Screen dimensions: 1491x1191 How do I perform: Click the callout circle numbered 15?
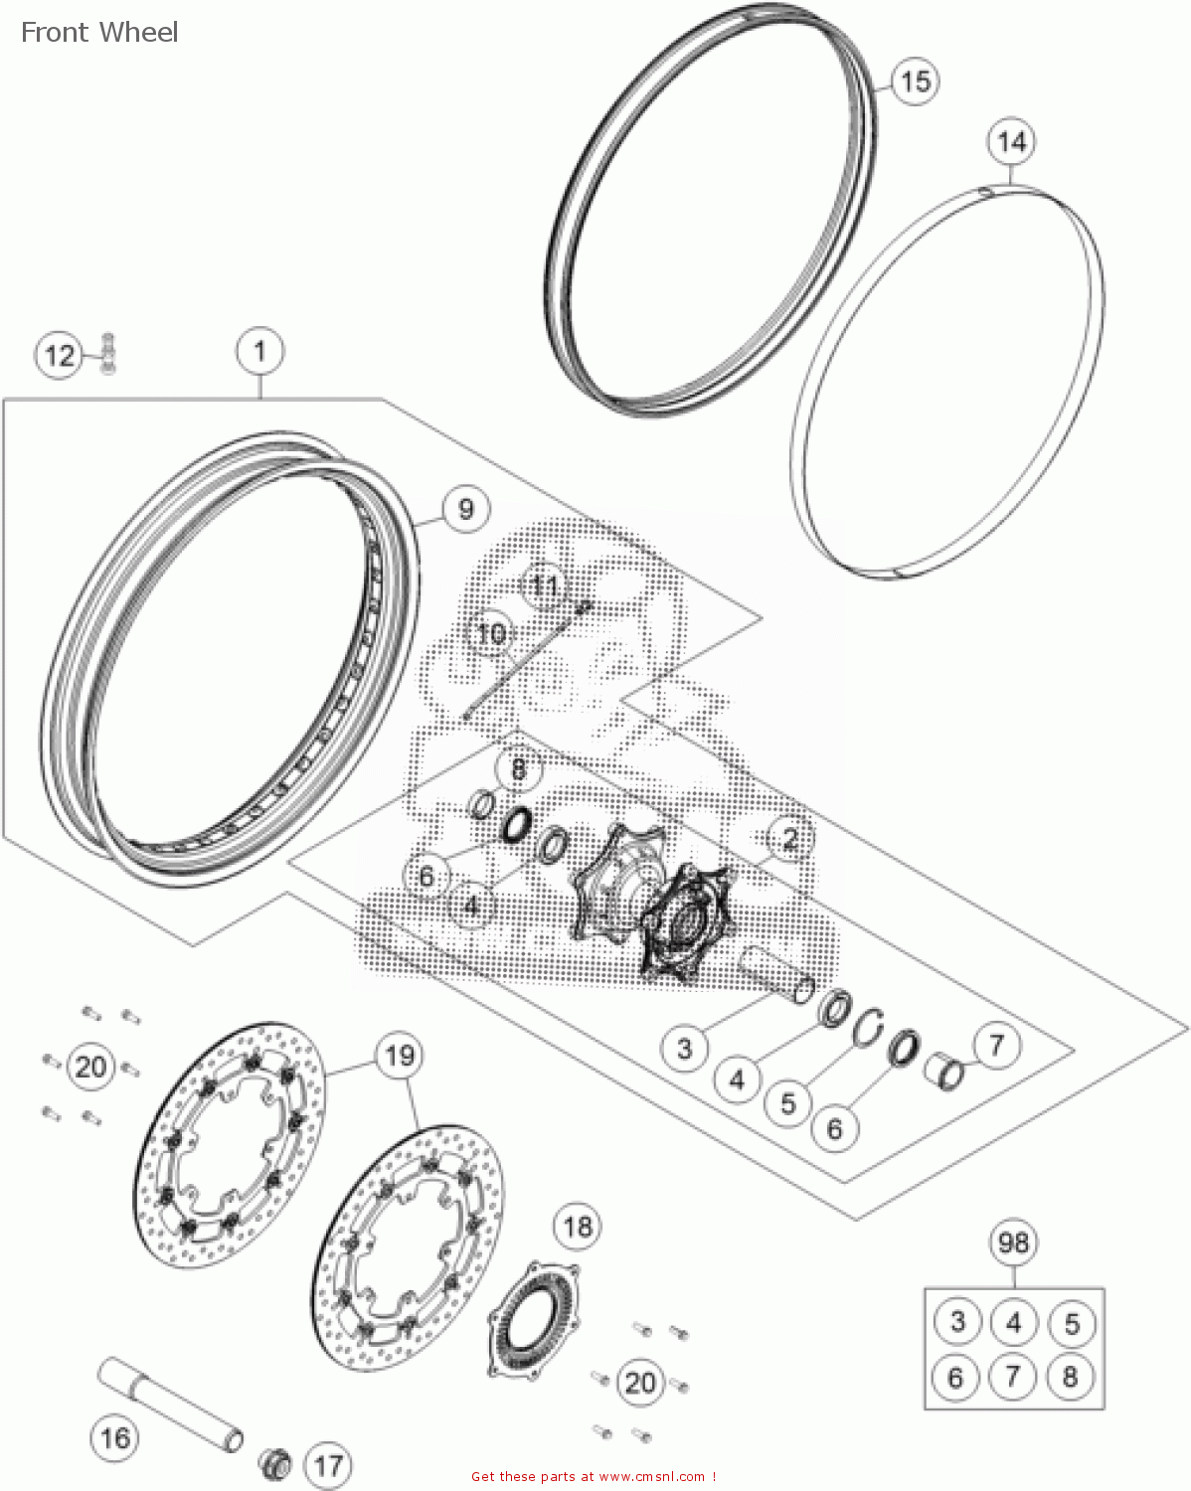[915, 80]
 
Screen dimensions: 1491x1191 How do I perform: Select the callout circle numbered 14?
[1011, 142]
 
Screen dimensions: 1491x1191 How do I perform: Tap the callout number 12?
[60, 355]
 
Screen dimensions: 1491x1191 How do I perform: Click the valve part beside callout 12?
[107, 354]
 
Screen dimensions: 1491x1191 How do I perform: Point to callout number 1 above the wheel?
[259, 351]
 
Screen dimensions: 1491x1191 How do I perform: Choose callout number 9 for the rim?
[465, 509]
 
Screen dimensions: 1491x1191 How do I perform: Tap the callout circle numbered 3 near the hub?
[685, 1048]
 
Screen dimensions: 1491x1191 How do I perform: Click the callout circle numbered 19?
[400, 1055]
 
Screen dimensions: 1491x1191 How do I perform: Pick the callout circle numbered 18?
[578, 1226]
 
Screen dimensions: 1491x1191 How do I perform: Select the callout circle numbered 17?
[328, 1464]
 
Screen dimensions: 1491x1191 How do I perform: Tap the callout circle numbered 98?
[1013, 1242]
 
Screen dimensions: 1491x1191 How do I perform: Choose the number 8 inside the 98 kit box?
[1070, 1377]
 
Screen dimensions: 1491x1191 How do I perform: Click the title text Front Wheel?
[99, 32]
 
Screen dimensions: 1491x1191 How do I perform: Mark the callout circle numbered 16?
[115, 1437]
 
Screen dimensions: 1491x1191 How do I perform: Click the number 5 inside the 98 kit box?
[1071, 1323]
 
